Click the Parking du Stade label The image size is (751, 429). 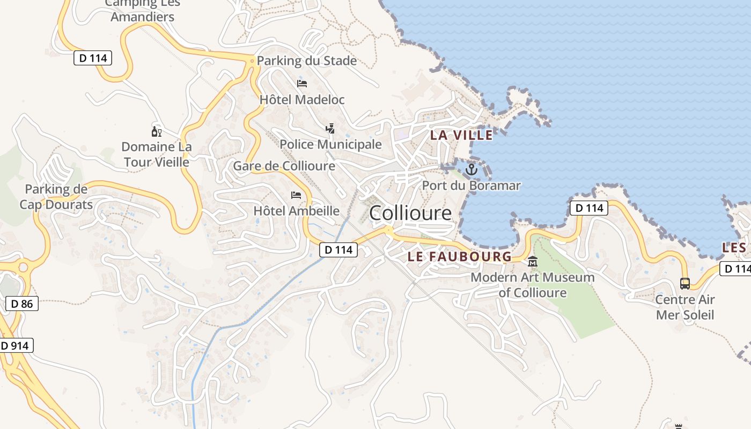[307, 61]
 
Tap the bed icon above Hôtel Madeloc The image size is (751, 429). [302, 83]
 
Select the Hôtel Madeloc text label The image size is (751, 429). [302, 100]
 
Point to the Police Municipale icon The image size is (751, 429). [330, 128]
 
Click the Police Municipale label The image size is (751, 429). [330, 144]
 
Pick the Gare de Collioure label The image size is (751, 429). [284, 166]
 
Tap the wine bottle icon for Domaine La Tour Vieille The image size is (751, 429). [156, 131]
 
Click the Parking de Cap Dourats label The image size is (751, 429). [56, 197]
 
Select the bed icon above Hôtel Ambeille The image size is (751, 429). [296, 195]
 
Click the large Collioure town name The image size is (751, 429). [410, 213]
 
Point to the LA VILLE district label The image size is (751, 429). [461, 135]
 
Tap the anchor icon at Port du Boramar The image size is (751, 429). [471, 170]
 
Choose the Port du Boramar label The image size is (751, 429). [471, 186]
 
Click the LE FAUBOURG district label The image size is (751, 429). [460, 257]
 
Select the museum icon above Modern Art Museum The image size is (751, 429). [533, 262]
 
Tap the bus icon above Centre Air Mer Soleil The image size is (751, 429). [685, 283]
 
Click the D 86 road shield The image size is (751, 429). [22, 304]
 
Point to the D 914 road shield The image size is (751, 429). [15, 346]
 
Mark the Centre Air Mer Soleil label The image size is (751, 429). [685, 307]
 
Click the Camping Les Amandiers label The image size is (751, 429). [142, 10]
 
